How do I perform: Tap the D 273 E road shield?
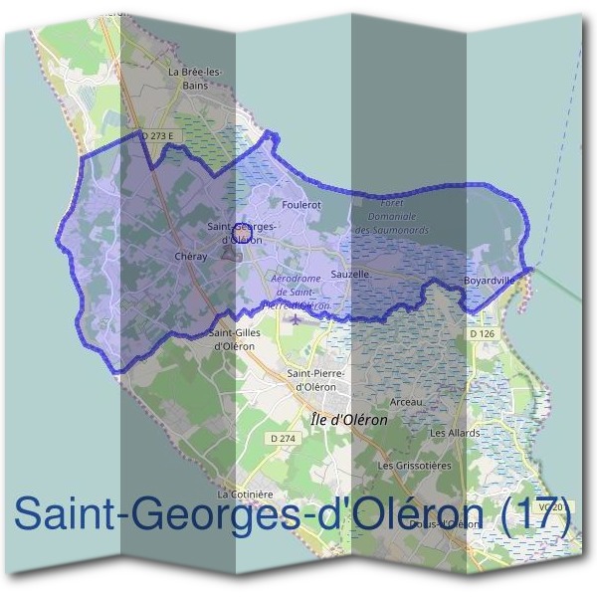pos(158,133)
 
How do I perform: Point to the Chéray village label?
pos(189,256)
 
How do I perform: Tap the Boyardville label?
pos(489,282)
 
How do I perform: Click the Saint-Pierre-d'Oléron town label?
pos(314,379)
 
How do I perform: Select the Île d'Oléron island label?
pos(349,420)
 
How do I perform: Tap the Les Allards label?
pos(455,433)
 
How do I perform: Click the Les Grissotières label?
pos(415,465)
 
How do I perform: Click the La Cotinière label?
pos(245,494)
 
